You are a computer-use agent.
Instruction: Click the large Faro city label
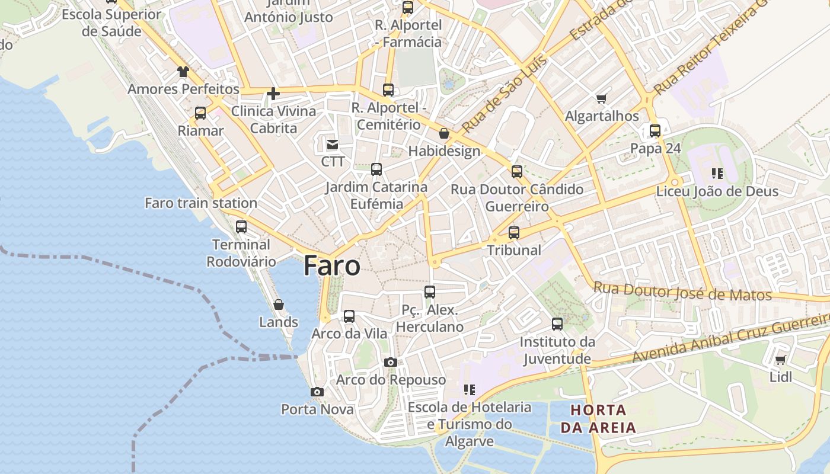[x=332, y=266]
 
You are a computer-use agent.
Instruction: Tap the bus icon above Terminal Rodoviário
[x=241, y=226]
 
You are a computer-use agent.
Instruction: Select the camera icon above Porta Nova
[x=317, y=392]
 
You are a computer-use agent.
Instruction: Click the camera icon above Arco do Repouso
[x=390, y=362]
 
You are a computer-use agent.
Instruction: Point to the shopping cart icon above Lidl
[x=781, y=360]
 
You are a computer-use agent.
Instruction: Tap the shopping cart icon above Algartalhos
[x=602, y=98]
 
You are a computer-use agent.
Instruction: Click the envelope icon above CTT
[x=332, y=144]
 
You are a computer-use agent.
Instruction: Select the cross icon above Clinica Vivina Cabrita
[x=273, y=94]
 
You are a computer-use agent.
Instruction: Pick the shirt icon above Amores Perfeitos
[x=183, y=72]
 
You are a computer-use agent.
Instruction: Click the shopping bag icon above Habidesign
[x=443, y=134]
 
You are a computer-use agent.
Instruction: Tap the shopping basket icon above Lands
[x=279, y=305]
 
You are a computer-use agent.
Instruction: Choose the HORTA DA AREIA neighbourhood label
[x=598, y=418]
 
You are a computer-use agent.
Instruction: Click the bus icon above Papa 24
[x=655, y=130]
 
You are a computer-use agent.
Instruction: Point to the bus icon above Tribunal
[x=514, y=232]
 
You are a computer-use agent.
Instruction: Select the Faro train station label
[x=201, y=203]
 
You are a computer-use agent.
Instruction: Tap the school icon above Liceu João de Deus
[x=717, y=174]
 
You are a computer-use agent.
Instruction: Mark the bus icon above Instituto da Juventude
[x=557, y=324]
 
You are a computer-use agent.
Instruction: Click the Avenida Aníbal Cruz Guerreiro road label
[x=729, y=338]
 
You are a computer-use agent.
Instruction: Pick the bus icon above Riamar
[x=200, y=113]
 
